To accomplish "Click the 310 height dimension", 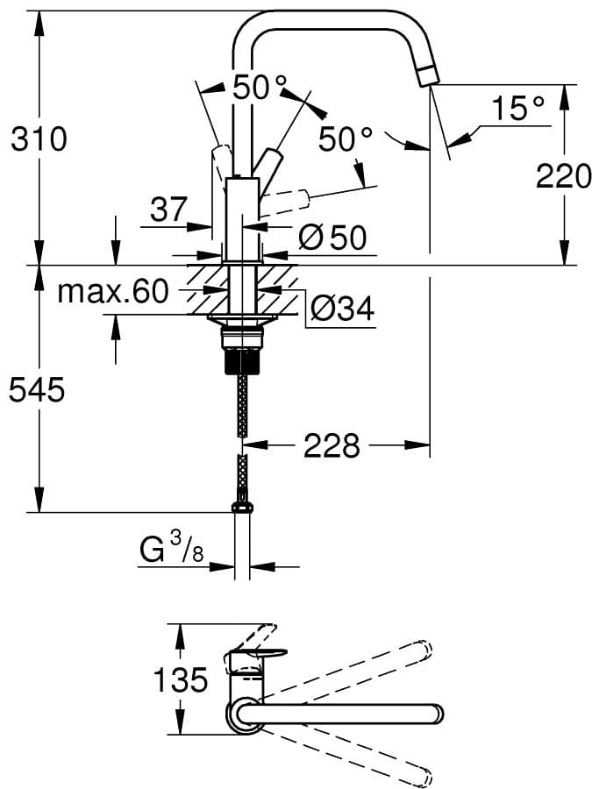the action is (x=39, y=139).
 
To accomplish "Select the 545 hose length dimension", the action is (x=37, y=388).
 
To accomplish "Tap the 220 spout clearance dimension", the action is (x=563, y=175).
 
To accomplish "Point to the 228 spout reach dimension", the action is (x=332, y=444).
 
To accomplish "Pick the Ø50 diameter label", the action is (x=332, y=237).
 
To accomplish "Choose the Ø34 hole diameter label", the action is (x=342, y=308).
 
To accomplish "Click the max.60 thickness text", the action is (x=113, y=291).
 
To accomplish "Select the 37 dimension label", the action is (x=168, y=209).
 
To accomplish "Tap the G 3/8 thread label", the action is (x=171, y=549).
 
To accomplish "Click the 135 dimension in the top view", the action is (x=180, y=679).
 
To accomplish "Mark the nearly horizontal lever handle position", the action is (x=284, y=199).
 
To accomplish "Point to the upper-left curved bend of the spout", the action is (x=247, y=26).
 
